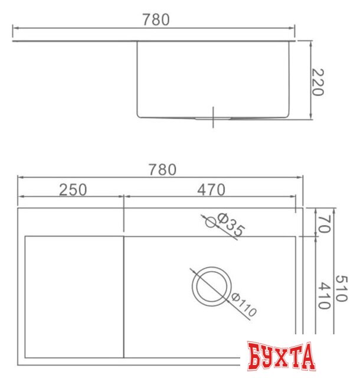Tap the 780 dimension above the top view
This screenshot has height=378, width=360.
pyautogui.click(x=162, y=170)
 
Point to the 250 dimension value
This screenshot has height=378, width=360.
pyautogui.click(x=73, y=190)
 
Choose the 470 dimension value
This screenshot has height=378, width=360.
pyautogui.click(x=211, y=190)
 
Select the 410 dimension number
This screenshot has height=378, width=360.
pyautogui.click(x=324, y=296)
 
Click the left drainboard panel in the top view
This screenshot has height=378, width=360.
pyautogui.click(x=74, y=295)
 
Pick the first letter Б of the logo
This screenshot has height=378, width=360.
pyautogui.click(x=255, y=358)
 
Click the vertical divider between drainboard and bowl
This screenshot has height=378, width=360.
pyautogui.click(x=123, y=295)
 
